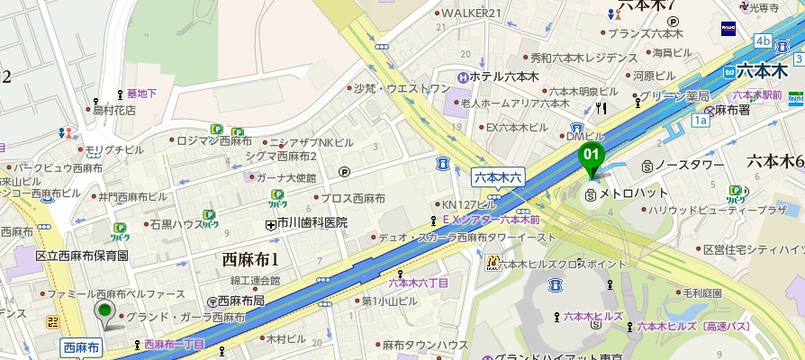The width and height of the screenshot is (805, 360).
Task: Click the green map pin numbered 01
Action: [591, 154]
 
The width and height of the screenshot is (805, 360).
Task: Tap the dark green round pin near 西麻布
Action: [105, 312]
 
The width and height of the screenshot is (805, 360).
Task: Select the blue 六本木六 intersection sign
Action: [498, 177]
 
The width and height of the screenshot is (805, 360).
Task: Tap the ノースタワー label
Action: [689, 166]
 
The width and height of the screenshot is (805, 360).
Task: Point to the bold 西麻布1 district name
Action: [250, 260]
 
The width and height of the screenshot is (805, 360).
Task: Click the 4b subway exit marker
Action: [764, 41]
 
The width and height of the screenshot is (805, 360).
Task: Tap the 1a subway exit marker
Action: [700, 119]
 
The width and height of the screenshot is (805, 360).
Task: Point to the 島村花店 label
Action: [113, 110]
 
